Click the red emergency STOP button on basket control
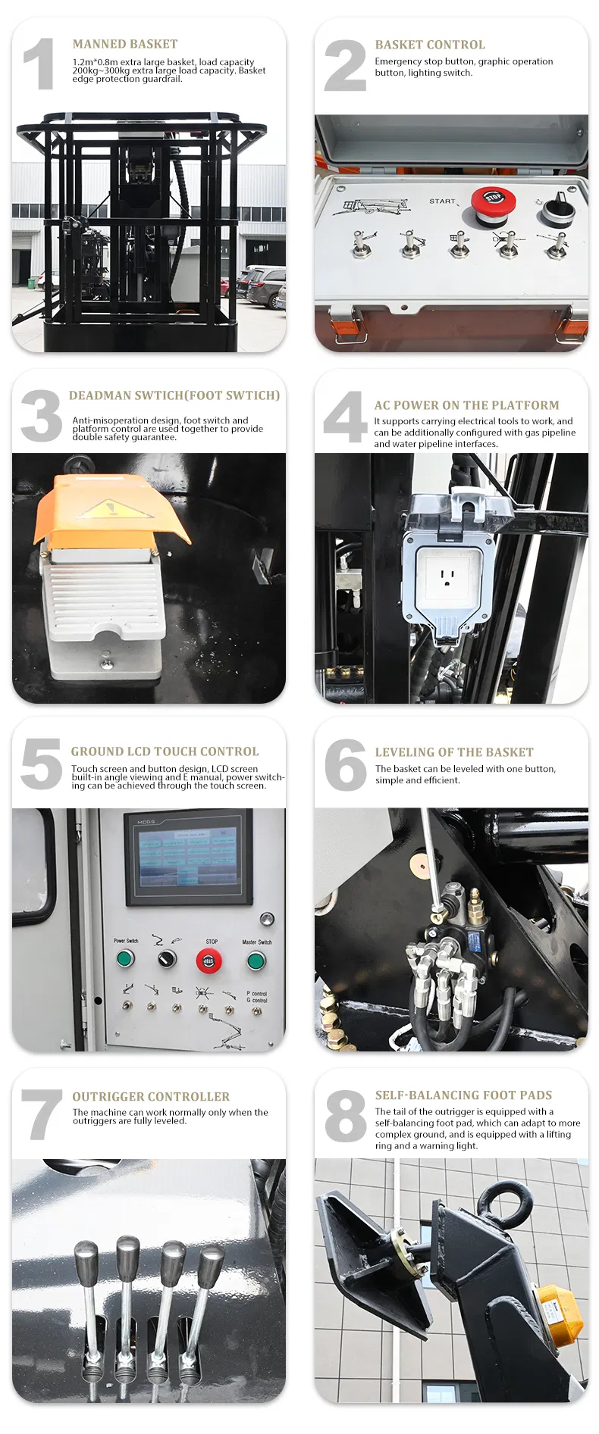tap(493, 202)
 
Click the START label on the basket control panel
tap(442, 202)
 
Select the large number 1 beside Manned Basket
tap(39, 64)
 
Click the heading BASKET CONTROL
tap(429, 45)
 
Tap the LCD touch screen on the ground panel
tap(187, 854)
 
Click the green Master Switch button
tap(256, 961)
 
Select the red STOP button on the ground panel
tap(209, 961)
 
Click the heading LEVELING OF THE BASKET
tap(453, 752)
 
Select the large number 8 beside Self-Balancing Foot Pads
tap(345, 1115)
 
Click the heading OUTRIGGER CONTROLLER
tap(150, 1096)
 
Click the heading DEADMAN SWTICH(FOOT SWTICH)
tap(174, 395)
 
